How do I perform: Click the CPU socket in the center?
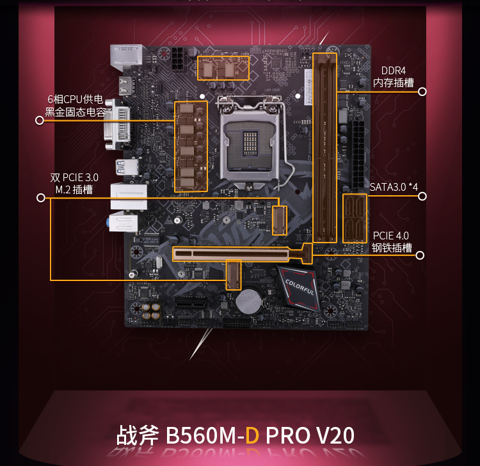coord(252,143)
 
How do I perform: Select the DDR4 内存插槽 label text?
coord(394,77)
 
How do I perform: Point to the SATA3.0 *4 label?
coord(394,187)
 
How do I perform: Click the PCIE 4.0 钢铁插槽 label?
coord(392,241)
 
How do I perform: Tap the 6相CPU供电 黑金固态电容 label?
coord(76,106)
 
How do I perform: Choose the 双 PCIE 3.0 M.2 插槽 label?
coord(74,184)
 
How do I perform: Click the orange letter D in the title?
coord(252,435)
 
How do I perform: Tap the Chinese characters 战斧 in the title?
coord(138,435)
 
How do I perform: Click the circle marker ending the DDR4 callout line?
coord(422,92)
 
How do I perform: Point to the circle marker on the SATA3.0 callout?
coord(422,196)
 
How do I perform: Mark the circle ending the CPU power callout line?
coord(40,120)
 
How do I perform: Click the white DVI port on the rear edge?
coord(118,124)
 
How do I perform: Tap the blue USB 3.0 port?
coord(127,167)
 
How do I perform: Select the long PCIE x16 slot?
coord(242,253)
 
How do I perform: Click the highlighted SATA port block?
coord(355,218)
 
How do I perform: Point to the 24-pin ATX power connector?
coord(358,154)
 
